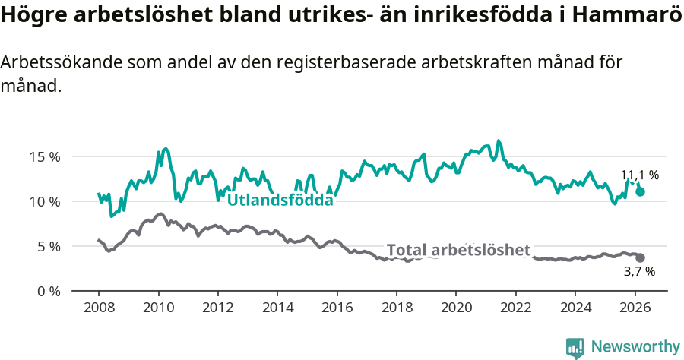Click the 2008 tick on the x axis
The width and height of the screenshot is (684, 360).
pos(99,308)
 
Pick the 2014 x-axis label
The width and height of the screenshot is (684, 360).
pos(277,308)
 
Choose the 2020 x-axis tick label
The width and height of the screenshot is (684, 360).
pos(456,308)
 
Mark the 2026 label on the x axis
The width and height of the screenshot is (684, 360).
pos(635,308)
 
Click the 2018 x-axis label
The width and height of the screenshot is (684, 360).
pos(397,308)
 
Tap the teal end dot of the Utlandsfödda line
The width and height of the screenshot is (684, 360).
pos(641,191)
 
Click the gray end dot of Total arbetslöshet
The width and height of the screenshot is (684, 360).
pos(641,258)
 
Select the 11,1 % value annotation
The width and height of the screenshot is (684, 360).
pos(639,175)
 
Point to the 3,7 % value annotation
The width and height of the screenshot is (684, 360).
pos(639,271)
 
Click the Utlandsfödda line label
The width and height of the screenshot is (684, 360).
pos(280,201)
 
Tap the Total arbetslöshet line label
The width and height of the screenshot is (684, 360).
pos(458,250)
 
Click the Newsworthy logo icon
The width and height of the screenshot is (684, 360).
pos(575,348)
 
